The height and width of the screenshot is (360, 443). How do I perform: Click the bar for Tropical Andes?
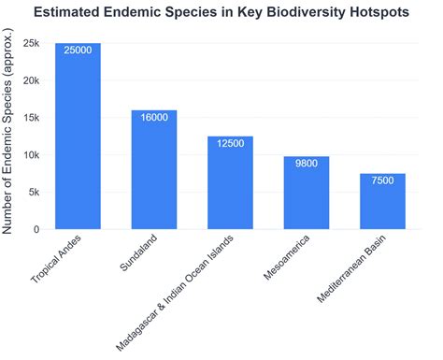pyautogui.click(x=78, y=137)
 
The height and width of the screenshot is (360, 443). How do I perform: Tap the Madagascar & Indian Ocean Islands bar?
pyautogui.click(x=230, y=183)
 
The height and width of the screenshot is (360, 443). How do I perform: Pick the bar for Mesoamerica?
pyautogui.click(x=307, y=194)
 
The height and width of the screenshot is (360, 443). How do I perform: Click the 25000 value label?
pyautogui.click(x=78, y=50)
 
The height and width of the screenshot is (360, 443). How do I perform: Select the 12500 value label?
pyautogui.click(x=230, y=144)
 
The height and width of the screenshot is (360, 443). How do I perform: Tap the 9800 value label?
pyautogui.click(x=307, y=164)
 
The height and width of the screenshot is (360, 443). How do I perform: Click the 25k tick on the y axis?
pyautogui.click(x=31, y=43)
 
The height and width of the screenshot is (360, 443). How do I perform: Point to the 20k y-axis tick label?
pyautogui.click(x=31, y=80)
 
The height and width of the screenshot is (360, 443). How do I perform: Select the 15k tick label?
pyautogui.click(x=31, y=118)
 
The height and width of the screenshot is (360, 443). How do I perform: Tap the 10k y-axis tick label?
pyautogui.click(x=31, y=155)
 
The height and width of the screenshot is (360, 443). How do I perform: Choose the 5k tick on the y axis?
pyautogui.click(x=34, y=193)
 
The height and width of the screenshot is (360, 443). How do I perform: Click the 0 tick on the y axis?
pyautogui.click(x=36, y=229)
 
